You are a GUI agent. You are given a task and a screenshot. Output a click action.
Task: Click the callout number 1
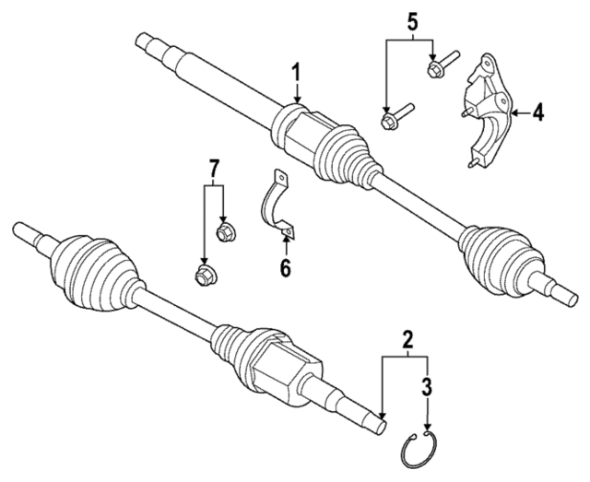[297, 71]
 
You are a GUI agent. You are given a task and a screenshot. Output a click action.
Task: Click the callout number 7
[213, 169]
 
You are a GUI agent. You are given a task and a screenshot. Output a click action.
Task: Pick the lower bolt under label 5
[394, 120]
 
